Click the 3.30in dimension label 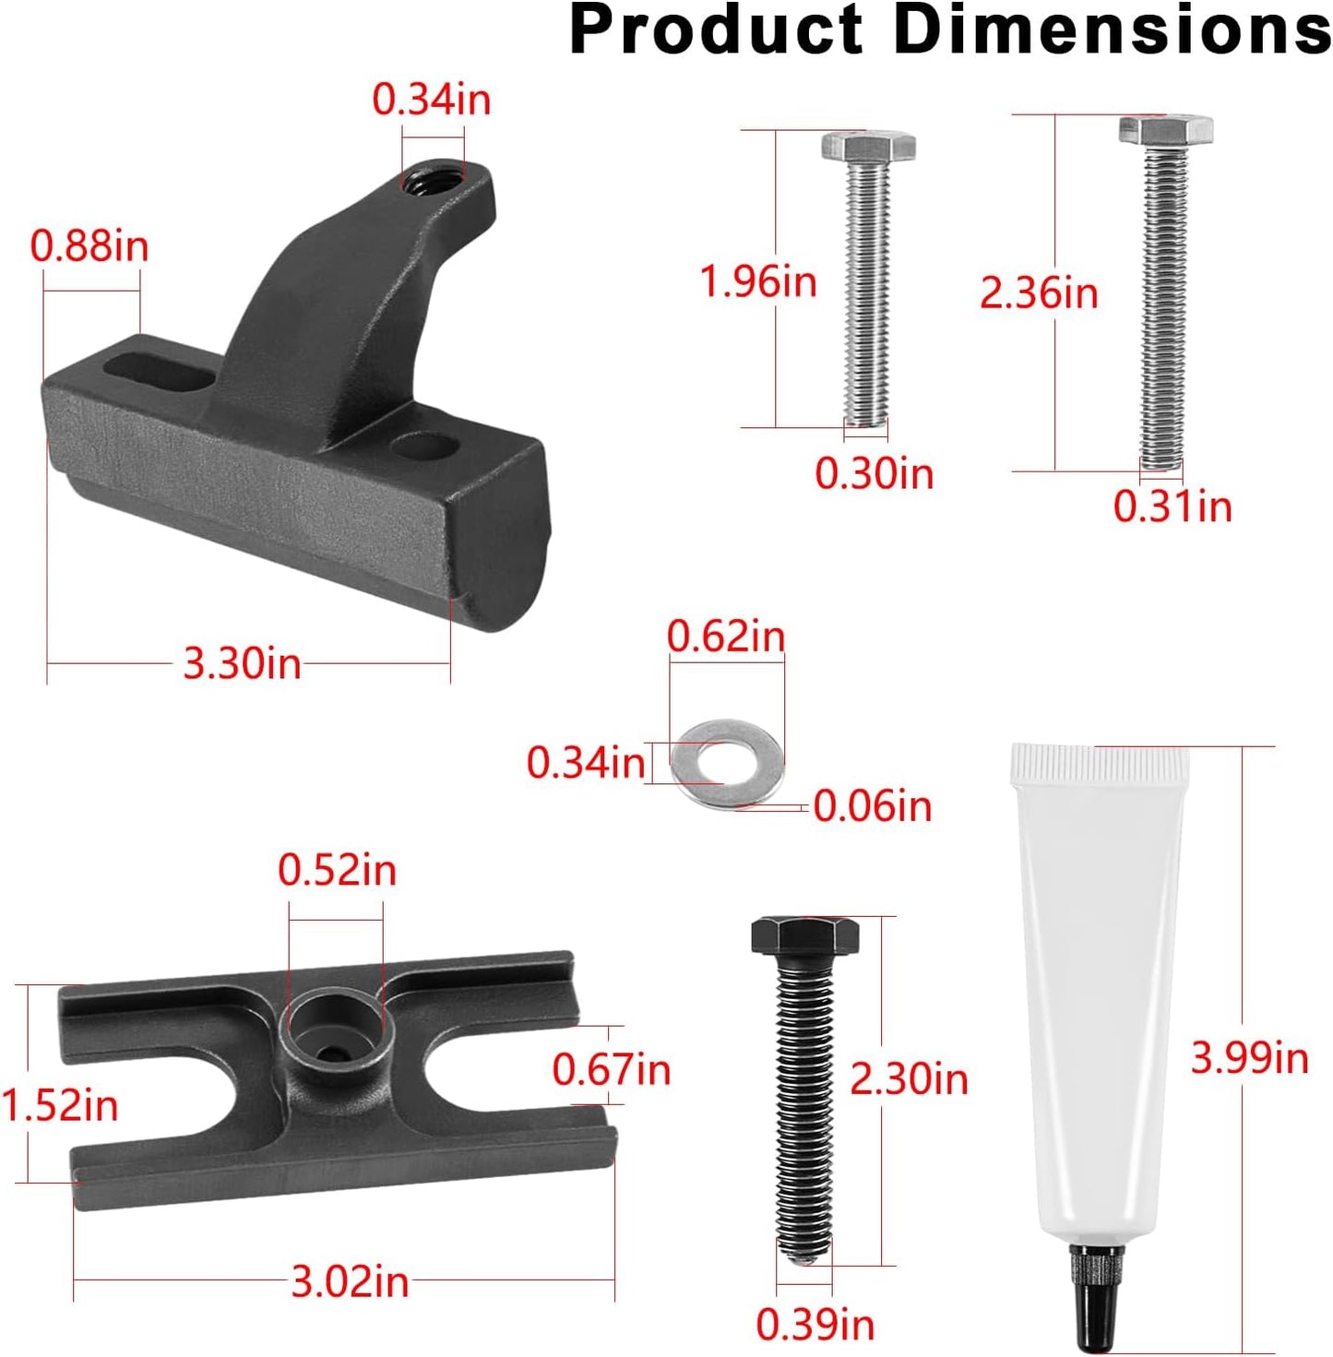pyautogui.click(x=242, y=663)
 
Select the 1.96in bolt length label pyautogui.click(x=757, y=281)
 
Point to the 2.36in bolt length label pyautogui.click(x=1039, y=293)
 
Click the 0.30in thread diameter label pyautogui.click(x=875, y=473)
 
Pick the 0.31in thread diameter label pyautogui.click(x=1172, y=506)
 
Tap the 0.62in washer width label pyautogui.click(x=726, y=637)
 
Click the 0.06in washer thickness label pyautogui.click(x=873, y=805)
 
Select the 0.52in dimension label pyautogui.click(x=337, y=870)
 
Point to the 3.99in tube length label pyautogui.click(x=1249, y=1058)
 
